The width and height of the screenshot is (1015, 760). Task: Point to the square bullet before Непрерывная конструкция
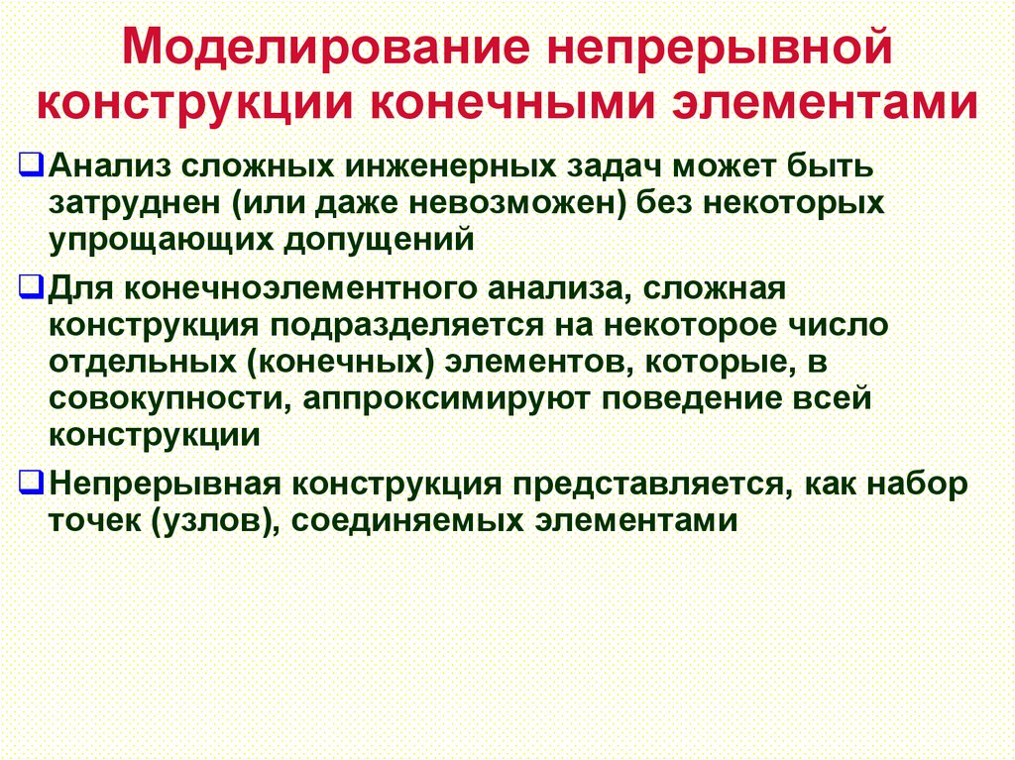click(31, 483)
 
